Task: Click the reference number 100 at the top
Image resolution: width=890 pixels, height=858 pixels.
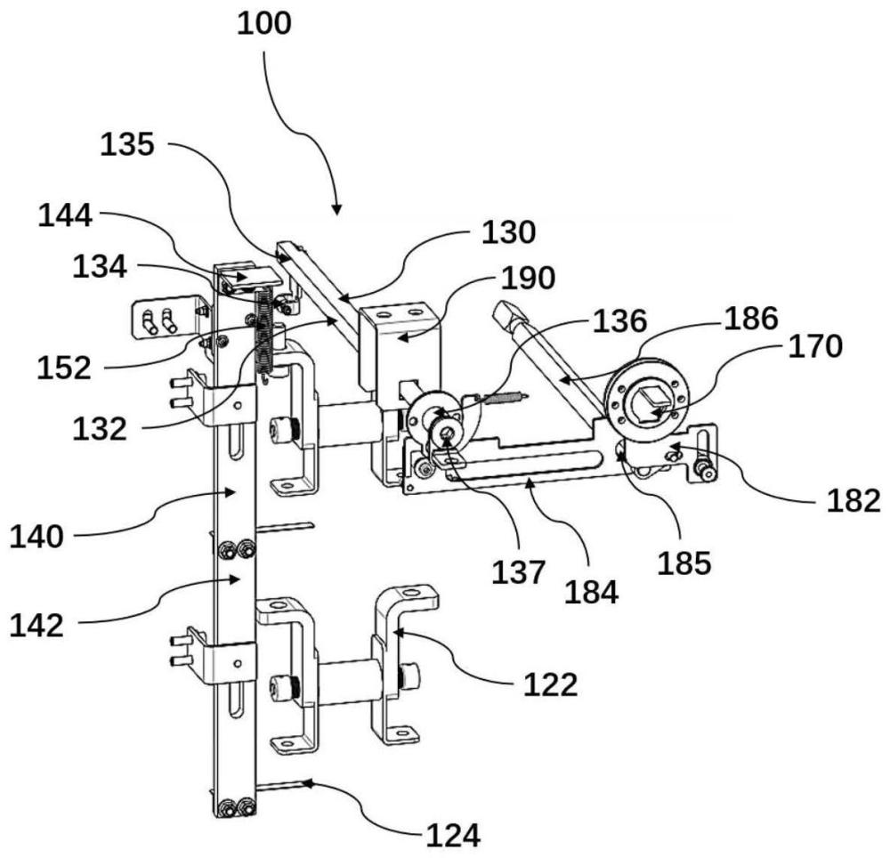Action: click(264, 24)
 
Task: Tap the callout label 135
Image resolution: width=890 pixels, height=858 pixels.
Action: click(127, 144)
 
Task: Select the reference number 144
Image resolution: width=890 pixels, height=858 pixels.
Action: click(65, 215)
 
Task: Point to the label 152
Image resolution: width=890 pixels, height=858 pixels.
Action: click(64, 368)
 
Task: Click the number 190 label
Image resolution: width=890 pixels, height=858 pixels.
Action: click(529, 278)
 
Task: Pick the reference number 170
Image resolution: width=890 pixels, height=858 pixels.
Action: click(815, 345)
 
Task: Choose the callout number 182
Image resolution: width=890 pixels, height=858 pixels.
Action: click(854, 500)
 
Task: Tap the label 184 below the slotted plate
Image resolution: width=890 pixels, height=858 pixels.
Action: click(591, 593)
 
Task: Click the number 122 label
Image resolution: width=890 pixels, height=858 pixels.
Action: click(550, 685)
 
